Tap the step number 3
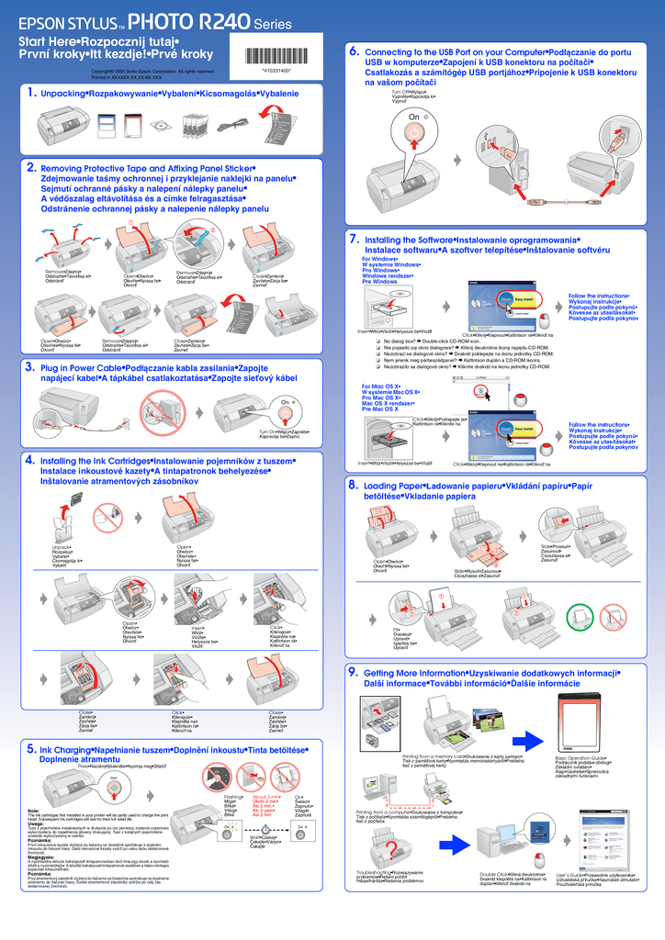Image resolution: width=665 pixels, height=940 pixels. coord(30,367)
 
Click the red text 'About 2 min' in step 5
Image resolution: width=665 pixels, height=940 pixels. coord(266,797)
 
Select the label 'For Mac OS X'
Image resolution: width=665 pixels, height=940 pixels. coord(381,386)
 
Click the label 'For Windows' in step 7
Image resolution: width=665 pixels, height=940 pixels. coord(379,260)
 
